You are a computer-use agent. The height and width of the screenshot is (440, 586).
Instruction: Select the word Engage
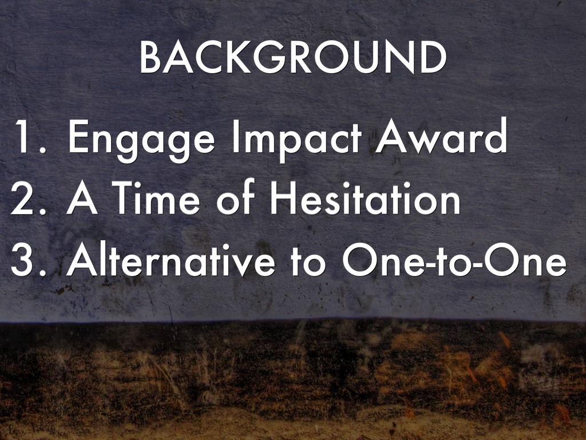(141, 141)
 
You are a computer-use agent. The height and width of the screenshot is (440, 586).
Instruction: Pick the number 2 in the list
(22, 199)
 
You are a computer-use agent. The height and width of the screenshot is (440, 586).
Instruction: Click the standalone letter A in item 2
(82, 199)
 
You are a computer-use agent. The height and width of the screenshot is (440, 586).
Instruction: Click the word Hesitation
(365, 197)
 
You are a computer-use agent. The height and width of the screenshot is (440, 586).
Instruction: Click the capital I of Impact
(235, 136)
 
